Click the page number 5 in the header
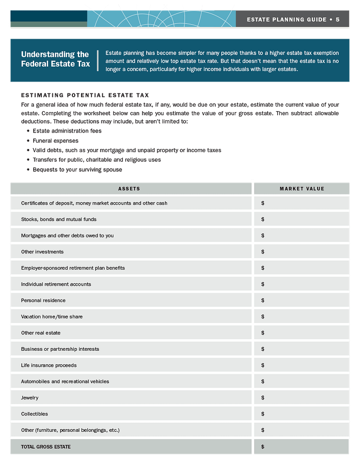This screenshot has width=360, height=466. point(338,19)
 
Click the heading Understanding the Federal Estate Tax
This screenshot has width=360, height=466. point(55,59)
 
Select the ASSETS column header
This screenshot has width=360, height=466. point(129,189)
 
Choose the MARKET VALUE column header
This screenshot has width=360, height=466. point(302,189)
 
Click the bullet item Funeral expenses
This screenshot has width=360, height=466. point(55,141)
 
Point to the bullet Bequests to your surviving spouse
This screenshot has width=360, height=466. point(77,169)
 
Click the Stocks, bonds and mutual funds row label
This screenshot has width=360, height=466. point(59,219)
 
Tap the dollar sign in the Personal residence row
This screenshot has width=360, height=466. point(263,300)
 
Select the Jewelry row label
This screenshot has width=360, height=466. point(30,398)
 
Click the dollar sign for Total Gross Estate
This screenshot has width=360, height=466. point(263,447)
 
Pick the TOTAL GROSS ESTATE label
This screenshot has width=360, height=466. point(46,447)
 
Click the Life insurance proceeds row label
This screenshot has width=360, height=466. point(49,365)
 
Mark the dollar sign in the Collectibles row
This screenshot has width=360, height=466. point(263,414)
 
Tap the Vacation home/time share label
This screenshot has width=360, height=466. point(52,317)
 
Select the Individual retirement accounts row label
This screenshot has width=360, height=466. point(56,284)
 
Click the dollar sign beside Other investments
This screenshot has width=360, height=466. point(263,252)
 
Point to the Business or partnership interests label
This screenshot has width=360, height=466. point(60,349)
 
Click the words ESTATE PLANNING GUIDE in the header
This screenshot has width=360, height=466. point(287,19)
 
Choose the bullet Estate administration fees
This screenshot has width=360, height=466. point(67,131)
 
